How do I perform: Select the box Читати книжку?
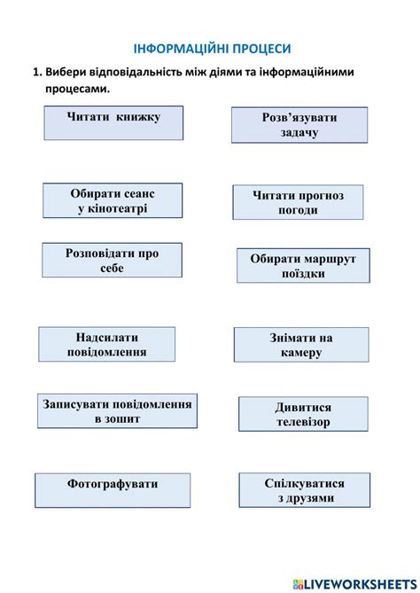pos(113,122)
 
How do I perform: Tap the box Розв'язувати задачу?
pos(299,125)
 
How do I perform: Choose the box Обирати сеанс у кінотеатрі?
pos(113,201)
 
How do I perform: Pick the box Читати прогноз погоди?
pos(298,202)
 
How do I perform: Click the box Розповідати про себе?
pos(112,261)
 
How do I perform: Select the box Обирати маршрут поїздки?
pos(303,266)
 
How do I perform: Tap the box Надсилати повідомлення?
pos(106,344)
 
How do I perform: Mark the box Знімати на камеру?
pos(300,345)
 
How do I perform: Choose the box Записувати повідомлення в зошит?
pos(117,410)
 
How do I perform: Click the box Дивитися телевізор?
pos(302,415)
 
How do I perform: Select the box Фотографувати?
pos(113,490)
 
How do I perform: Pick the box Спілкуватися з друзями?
pos(305,490)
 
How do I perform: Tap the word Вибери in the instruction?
pos(68,72)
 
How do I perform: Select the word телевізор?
pos(302,423)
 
